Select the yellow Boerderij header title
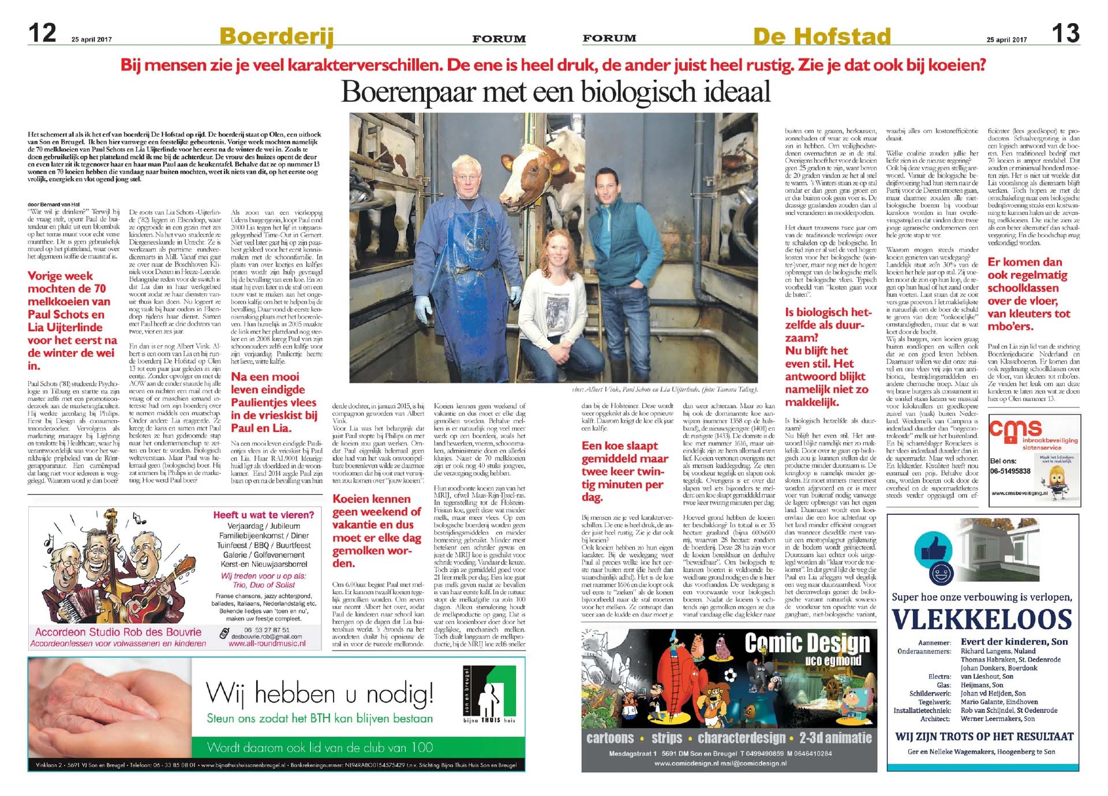click(276, 36)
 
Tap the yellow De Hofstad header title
click(822, 36)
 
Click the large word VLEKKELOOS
click(982, 619)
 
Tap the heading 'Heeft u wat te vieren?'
click(264, 515)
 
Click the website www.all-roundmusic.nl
click(267, 644)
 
